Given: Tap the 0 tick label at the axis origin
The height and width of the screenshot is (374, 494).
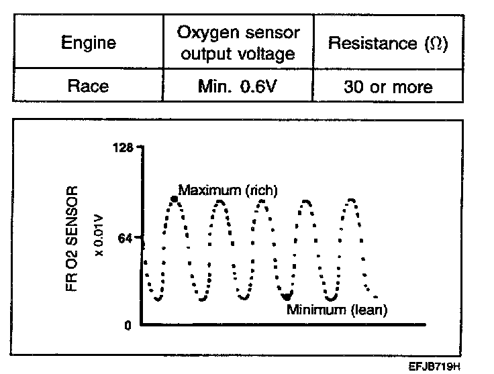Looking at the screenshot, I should tap(126, 325).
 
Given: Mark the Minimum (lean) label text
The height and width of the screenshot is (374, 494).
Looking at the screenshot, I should tap(338, 310).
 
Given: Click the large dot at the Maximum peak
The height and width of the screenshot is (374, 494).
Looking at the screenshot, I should tap(175, 199).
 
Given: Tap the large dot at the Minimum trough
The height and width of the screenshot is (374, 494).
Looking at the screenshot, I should tap(287, 296).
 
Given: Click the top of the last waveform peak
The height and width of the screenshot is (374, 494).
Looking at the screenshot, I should tap(350, 200).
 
